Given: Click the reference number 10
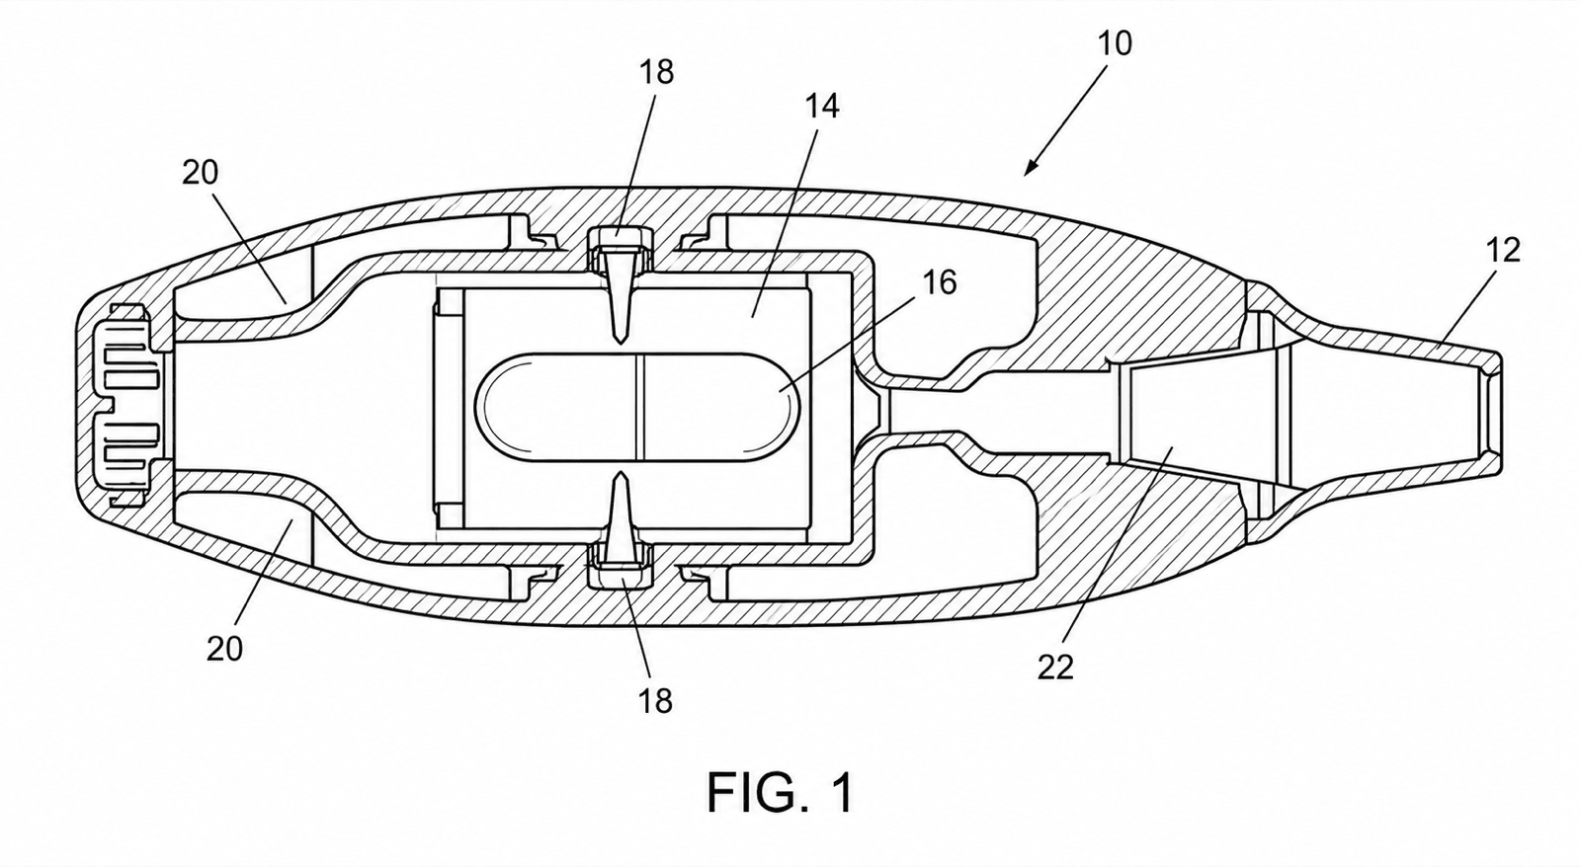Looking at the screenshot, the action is [1116, 43].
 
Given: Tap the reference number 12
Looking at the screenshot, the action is [1503, 250].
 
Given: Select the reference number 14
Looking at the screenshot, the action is [822, 106].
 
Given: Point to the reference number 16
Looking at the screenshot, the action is [940, 282].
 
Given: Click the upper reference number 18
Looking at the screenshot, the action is [656, 72].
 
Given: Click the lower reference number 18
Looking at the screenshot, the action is [655, 701].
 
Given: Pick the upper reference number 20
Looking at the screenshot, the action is [201, 172].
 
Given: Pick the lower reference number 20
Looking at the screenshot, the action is [224, 649].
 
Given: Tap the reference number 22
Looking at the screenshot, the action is [1055, 667].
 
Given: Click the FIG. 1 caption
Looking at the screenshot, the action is [781, 793].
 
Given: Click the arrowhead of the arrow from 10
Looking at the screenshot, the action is [1032, 167].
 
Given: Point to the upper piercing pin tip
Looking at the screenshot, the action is [620, 342].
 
